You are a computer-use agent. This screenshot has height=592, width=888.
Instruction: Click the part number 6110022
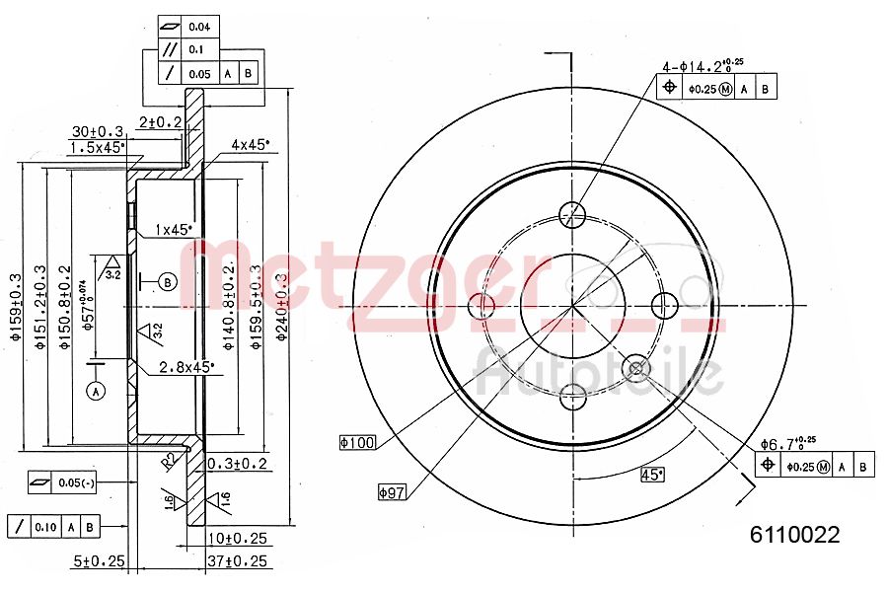794,535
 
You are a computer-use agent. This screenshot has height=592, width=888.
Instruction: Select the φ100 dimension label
357,443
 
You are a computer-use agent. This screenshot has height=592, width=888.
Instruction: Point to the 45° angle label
651,473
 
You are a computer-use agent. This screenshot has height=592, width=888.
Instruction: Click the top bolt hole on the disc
571,213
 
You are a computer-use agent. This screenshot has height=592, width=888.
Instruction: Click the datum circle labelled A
96,392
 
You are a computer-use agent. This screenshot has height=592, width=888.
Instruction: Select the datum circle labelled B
168,283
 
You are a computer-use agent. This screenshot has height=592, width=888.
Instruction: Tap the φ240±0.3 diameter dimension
282,307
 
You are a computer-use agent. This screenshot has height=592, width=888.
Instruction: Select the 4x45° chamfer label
249,144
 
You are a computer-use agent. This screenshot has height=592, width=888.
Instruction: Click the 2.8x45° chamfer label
186,367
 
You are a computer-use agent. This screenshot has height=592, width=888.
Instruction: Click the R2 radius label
170,459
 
